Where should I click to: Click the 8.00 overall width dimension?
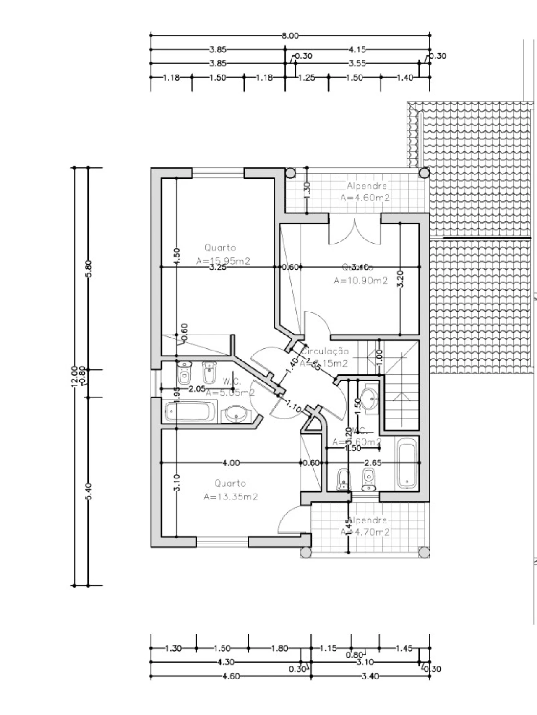point(290,36)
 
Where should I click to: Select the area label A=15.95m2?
point(223,261)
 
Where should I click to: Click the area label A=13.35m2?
point(230,497)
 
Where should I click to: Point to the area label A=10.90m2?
point(360,281)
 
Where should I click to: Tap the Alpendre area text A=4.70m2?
point(365,532)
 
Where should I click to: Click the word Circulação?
point(326,351)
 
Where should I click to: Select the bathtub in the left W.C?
point(189,412)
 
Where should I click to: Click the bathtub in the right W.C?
point(407,464)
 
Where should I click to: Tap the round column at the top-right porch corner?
point(424,173)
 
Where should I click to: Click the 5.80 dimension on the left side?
point(88,268)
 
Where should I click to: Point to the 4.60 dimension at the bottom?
point(231,676)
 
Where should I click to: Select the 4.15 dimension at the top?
point(357,49)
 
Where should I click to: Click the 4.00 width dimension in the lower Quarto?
point(231,463)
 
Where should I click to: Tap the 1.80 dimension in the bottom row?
point(279,648)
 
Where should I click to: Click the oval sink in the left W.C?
point(235,414)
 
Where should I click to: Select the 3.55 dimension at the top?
point(357,64)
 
